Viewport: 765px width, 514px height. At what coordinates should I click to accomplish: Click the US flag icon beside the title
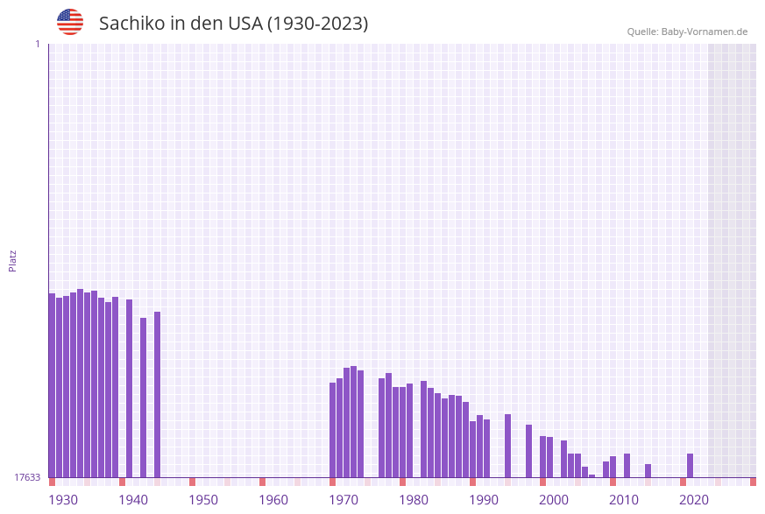[x=70, y=22]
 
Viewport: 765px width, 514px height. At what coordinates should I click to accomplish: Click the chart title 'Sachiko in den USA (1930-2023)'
[x=233, y=24]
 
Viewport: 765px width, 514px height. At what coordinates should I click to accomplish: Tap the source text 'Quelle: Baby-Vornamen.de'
[x=687, y=32]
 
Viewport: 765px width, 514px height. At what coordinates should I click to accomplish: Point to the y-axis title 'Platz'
[x=13, y=260]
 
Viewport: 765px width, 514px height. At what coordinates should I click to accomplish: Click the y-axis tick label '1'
[x=37, y=44]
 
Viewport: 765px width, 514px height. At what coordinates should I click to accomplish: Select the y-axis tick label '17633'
[x=26, y=477]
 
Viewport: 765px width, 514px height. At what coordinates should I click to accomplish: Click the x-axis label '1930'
[x=63, y=500]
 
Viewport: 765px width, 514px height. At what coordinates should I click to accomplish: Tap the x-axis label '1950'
[x=203, y=500]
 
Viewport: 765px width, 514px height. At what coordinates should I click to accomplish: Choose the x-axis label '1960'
[x=273, y=500]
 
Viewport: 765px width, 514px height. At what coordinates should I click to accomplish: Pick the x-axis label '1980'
[x=414, y=500]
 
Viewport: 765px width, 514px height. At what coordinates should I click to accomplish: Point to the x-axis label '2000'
[x=554, y=500]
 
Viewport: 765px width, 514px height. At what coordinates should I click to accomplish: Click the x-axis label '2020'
[x=694, y=500]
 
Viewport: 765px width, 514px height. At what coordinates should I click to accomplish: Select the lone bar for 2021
[x=691, y=465]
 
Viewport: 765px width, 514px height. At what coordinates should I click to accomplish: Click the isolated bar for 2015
[x=648, y=470]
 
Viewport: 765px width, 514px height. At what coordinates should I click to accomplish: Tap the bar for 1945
[x=158, y=394]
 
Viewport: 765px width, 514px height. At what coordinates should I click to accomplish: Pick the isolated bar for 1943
[x=144, y=398]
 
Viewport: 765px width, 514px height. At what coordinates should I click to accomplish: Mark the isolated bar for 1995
[x=508, y=446]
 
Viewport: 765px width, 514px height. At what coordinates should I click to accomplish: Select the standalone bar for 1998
[x=529, y=451]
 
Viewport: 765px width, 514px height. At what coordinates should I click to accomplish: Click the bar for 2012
[x=627, y=465]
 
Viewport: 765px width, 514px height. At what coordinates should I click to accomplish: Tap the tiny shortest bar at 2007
[x=592, y=475]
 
